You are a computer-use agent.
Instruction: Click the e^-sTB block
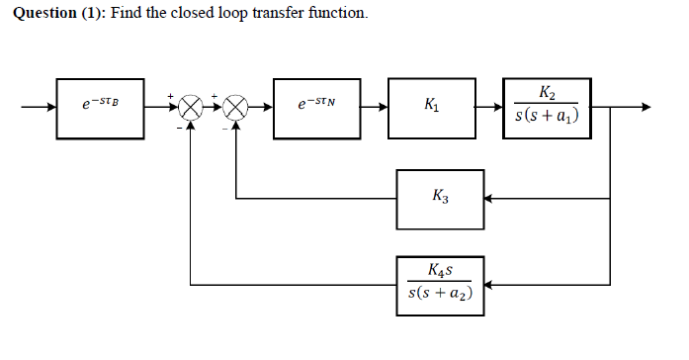point(102,103)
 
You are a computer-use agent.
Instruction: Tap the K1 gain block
point(432,103)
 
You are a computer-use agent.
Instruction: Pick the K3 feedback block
point(440,197)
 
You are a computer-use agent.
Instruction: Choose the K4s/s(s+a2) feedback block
point(440,284)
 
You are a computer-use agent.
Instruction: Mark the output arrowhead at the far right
point(646,104)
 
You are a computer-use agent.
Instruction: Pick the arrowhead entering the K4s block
point(489,284)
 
